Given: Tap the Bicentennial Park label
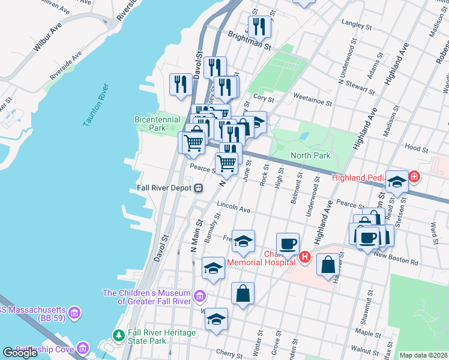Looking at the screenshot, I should tap(157, 124).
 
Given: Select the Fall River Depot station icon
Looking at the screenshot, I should tap(197, 188).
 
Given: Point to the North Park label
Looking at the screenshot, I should tap(310, 156).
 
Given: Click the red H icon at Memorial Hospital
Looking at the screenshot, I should tap(304, 257).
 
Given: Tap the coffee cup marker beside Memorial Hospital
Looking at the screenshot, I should tap(288, 244).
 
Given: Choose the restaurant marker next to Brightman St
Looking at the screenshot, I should tap(259, 26).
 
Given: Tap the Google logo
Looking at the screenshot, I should tap(20, 353).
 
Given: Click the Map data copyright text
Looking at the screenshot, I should tap(424, 355).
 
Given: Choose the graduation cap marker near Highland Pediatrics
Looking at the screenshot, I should tap(396, 181).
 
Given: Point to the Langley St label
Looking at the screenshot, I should tap(352, 25).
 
